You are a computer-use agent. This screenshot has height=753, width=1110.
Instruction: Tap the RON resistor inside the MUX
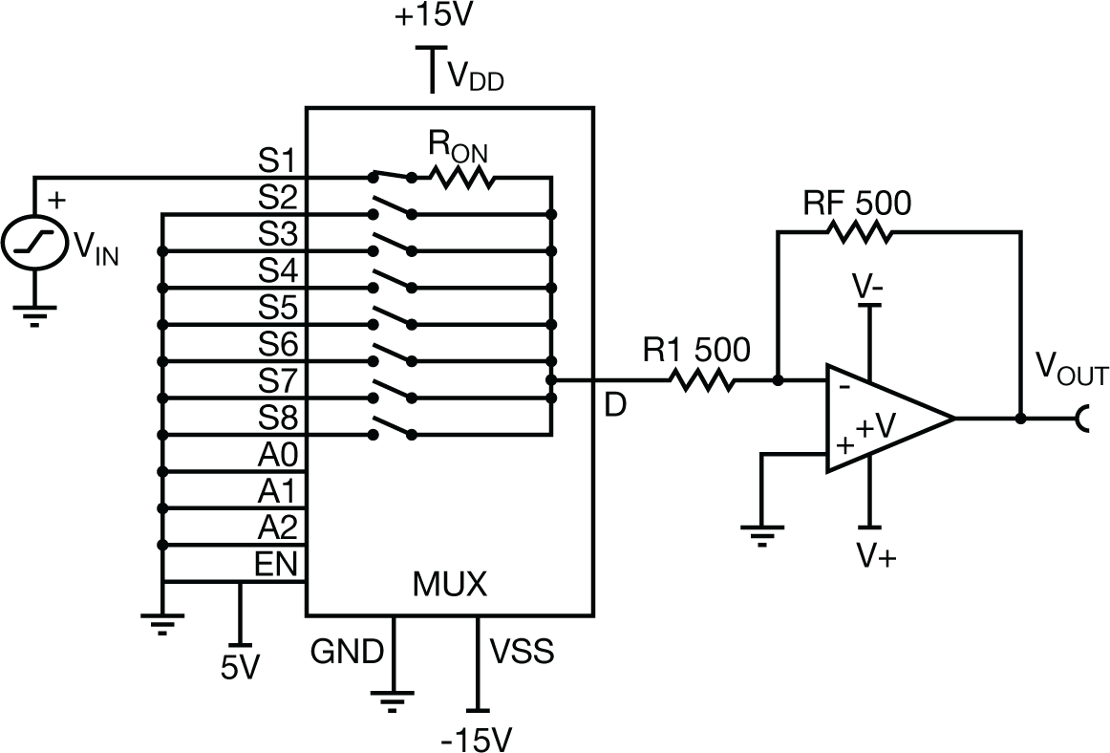pyautogui.click(x=461, y=176)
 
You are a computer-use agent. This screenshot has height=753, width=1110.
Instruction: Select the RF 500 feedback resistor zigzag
pyautogui.click(x=859, y=230)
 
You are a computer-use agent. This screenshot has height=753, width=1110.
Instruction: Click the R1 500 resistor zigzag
pyautogui.click(x=702, y=380)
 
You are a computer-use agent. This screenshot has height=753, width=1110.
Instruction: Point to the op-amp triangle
pyautogui.click(x=884, y=418)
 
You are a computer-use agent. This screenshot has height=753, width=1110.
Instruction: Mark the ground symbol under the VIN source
pyautogui.click(x=34, y=314)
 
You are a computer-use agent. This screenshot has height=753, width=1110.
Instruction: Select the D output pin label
pyautogui.click(x=616, y=405)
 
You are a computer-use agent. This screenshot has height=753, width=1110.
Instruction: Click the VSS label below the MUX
pyautogui.click(x=521, y=653)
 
